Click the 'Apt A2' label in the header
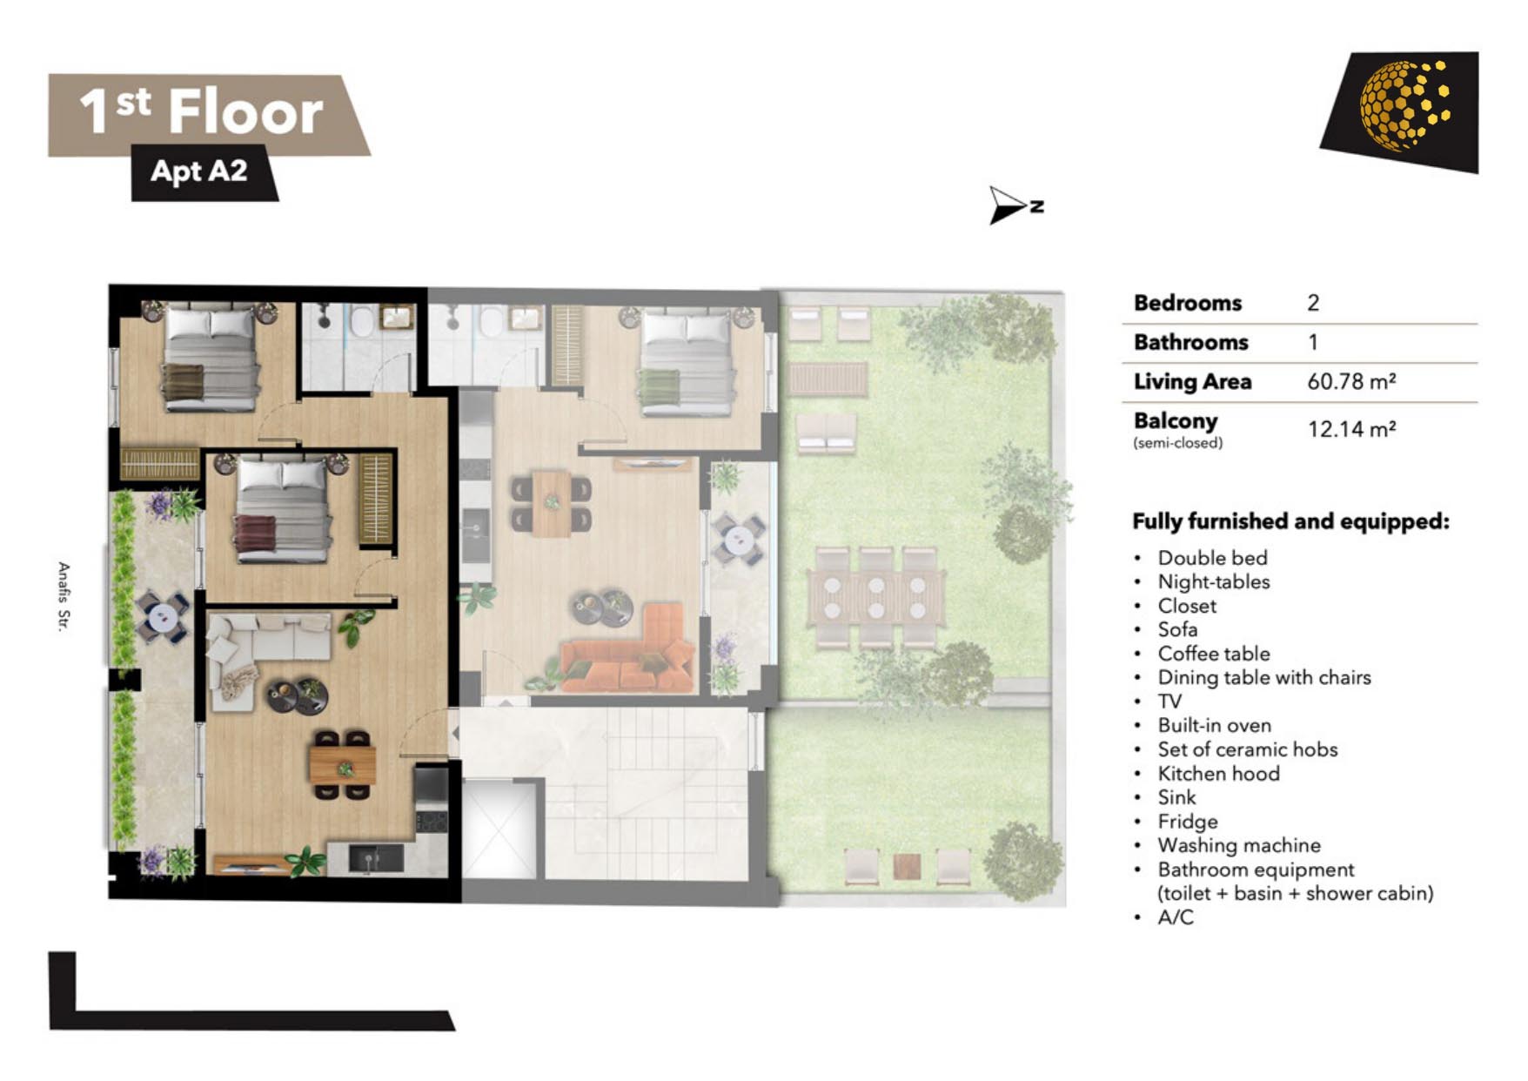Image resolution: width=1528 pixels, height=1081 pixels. [199, 171]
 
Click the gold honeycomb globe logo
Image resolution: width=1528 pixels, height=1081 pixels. [1404, 105]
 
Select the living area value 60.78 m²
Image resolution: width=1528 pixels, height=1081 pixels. [1351, 381]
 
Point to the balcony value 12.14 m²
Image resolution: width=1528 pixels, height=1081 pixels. [1351, 429]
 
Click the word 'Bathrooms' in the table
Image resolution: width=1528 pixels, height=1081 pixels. [1190, 342]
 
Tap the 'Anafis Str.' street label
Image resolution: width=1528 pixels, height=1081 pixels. [64, 596]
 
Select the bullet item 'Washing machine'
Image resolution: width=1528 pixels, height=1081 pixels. [1238, 845]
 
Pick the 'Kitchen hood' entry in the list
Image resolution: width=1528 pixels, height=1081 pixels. [1218, 773]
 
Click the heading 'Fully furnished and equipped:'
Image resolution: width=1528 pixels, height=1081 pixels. [1290, 521]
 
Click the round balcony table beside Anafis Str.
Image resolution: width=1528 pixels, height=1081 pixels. [163, 617]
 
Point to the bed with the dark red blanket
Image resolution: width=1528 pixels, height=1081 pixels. [281, 510]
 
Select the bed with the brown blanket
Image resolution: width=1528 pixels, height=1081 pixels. [210, 357]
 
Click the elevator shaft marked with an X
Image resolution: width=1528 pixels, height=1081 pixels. [499, 830]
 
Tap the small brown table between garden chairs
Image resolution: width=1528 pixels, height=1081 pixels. [907, 866]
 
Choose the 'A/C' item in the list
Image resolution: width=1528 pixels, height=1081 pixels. [1175, 917]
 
